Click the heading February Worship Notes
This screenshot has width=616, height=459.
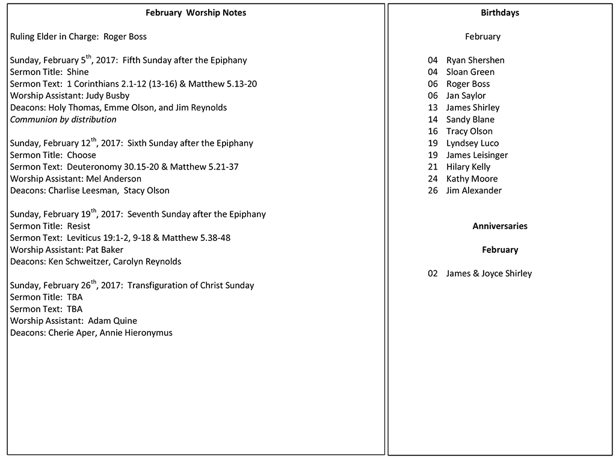point(196,13)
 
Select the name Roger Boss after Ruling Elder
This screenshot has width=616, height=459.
point(125,37)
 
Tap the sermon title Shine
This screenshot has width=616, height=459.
point(78,72)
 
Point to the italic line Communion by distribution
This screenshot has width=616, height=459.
point(63,120)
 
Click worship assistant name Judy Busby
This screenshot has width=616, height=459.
point(108,96)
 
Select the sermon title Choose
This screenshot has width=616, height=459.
point(82,155)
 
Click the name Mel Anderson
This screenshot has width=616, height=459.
point(114,178)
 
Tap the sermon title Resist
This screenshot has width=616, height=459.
point(79,226)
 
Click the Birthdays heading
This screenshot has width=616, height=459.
point(500,13)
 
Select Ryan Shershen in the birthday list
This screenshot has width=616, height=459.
point(475,60)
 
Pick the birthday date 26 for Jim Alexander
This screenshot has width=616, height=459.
point(433,190)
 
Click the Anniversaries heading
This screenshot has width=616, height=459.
point(500,226)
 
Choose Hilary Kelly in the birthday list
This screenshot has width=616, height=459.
point(468,167)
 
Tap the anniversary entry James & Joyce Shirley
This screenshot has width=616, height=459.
point(489,273)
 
